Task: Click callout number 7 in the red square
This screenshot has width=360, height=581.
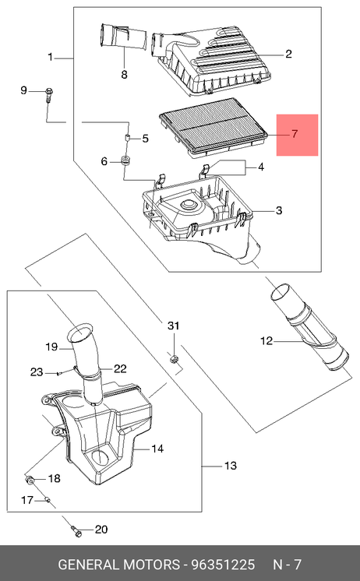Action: [x=295, y=134]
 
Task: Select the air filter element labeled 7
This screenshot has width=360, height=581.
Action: [x=214, y=127]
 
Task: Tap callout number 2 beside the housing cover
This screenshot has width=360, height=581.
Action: [x=288, y=54]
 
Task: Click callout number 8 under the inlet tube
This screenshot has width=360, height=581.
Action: [x=124, y=75]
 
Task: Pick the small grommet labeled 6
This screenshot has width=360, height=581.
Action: [x=127, y=161]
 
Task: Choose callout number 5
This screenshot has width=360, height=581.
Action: [x=146, y=139]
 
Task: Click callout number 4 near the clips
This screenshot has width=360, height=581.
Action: [x=261, y=167]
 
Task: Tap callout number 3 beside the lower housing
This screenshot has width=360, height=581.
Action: [x=279, y=210]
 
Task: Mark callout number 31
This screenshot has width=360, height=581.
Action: [x=174, y=326]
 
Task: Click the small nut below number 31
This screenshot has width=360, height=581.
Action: [x=174, y=358]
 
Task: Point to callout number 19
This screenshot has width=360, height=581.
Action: [x=51, y=347]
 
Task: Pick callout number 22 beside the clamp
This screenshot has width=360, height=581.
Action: [x=120, y=368]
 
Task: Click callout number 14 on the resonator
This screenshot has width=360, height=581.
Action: [x=157, y=449]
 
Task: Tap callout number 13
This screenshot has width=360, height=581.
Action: [x=230, y=466]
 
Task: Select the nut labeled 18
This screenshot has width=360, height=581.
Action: [x=30, y=480]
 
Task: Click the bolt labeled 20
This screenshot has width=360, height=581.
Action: [x=77, y=532]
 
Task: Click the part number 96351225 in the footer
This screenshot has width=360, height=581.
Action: [x=223, y=565]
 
